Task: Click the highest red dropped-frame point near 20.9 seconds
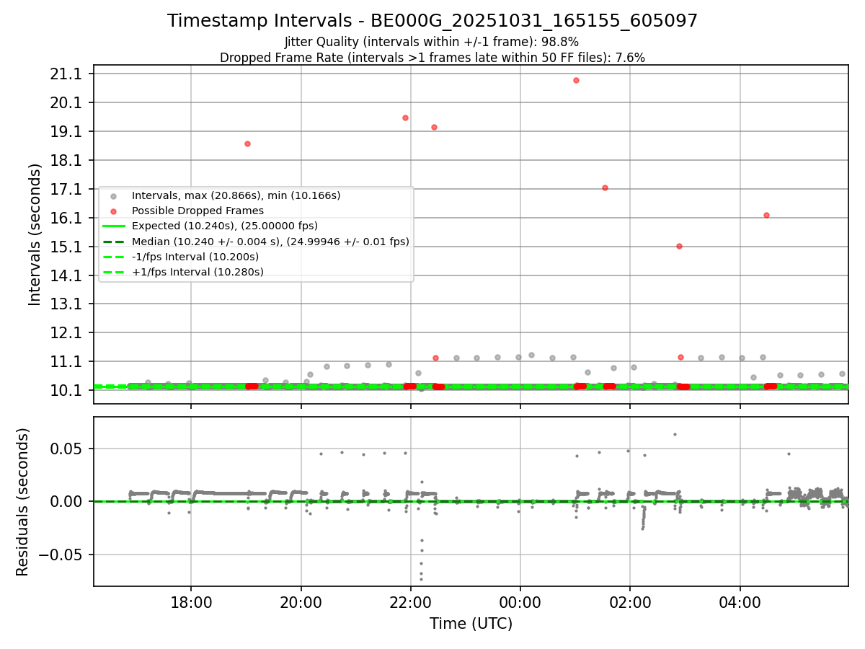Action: pos(576,80)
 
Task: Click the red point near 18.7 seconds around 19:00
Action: pos(247,144)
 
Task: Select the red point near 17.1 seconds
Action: pos(605,187)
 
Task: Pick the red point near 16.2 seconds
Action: pos(766,215)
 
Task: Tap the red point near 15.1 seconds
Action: pos(679,246)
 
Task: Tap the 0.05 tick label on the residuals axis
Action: pos(68,449)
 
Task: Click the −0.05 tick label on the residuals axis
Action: pos(63,555)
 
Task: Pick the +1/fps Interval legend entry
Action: pos(198,272)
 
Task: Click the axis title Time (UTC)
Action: pos(471,624)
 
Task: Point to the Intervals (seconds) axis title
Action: pos(35,234)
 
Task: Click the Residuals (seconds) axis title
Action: pos(22,502)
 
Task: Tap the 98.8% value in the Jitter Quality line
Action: pos(562,42)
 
